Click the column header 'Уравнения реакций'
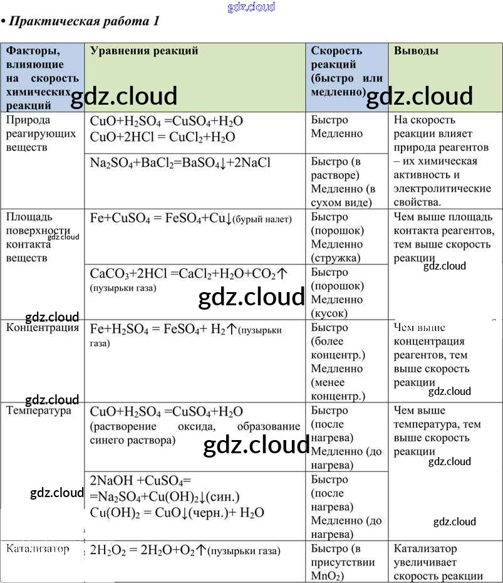click(x=144, y=51)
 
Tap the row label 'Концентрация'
click(x=43, y=327)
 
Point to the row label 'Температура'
click(x=39, y=411)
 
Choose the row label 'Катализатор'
click(x=38, y=549)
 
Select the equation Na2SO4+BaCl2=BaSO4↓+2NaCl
click(x=180, y=163)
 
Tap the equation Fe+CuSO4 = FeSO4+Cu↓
click(x=157, y=218)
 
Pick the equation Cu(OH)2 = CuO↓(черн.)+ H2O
click(x=177, y=512)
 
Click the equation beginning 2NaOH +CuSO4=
click(x=140, y=481)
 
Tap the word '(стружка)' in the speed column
click(x=336, y=258)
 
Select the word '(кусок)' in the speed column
click(x=329, y=313)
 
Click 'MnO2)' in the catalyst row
click(x=327, y=576)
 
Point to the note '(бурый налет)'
click(x=262, y=219)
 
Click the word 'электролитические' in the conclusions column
click(x=442, y=188)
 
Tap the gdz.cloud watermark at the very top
click(x=252, y=8)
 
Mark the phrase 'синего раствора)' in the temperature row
click(x=132, y=440)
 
